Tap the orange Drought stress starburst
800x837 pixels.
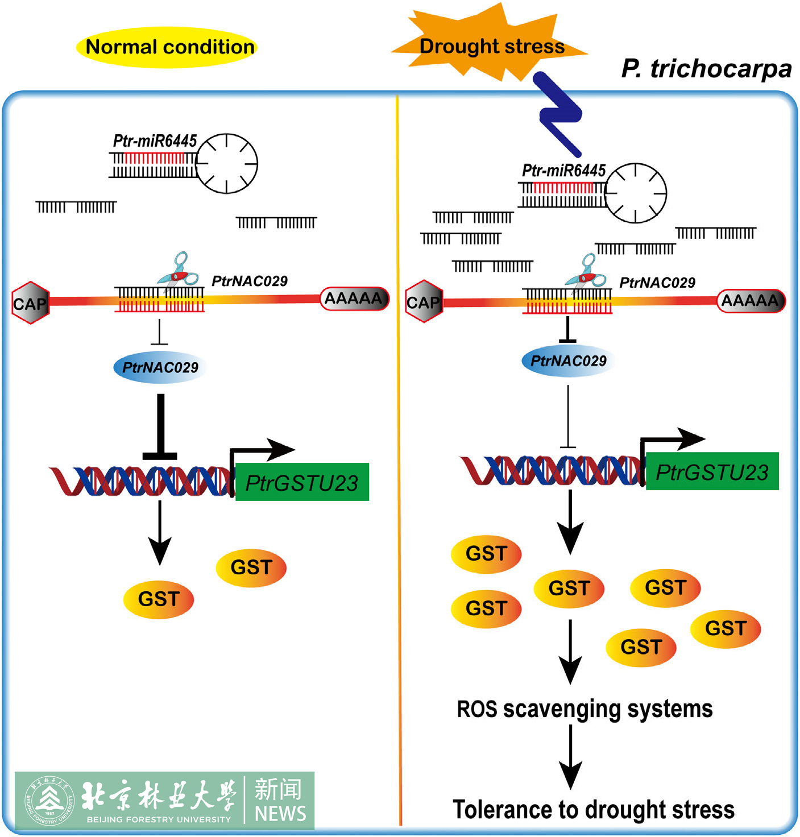(x=490, y=45)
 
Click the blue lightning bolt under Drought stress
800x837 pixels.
(x=559, y=114)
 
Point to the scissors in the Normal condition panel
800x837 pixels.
(x=179, y=271)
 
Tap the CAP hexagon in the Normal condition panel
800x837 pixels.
(x=30, y=303)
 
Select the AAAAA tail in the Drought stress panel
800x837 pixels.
(x=751, y=300)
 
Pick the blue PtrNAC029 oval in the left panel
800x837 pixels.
(x=160, y=367)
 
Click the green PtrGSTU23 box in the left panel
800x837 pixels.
(x=302, y=482)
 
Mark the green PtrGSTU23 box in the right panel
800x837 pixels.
(x=712, y=471)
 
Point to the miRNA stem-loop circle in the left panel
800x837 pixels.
(x=227, y=163)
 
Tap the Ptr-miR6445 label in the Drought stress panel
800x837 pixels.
(x=563, y=171)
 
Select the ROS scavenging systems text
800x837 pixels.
(x=585, y=709)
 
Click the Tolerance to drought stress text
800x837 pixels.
(x=593, y=809)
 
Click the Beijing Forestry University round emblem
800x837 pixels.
(x=49, y=801)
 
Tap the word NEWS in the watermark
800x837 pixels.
(x=280, y=813)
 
